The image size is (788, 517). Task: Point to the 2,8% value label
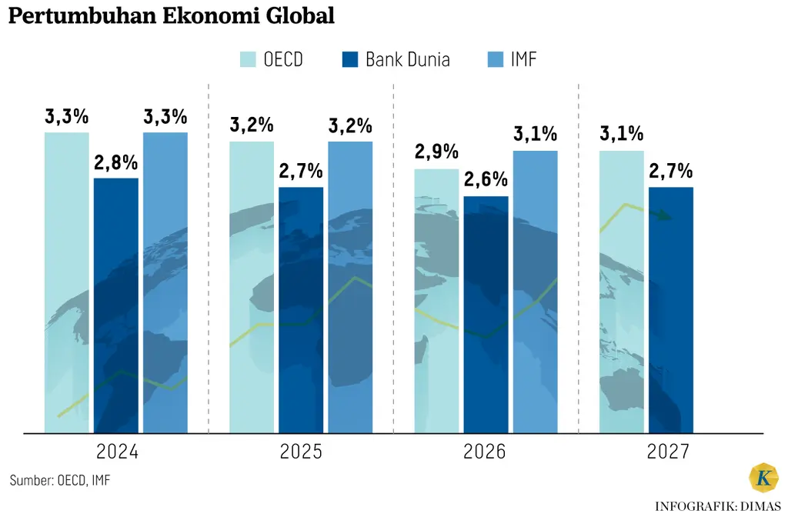116,163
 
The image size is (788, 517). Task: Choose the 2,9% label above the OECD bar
436,152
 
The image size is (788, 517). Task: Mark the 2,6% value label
486,180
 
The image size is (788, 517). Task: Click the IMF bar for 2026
535,292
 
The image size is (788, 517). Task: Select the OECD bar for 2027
621,292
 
